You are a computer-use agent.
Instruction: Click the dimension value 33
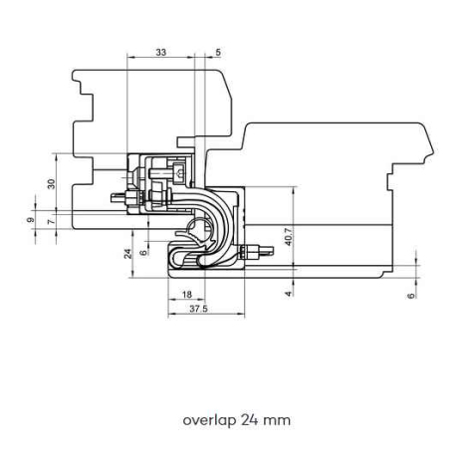(x=161, y=52)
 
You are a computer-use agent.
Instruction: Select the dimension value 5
(x=218, y=52)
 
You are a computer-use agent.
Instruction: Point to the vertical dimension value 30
(x=51, y=184)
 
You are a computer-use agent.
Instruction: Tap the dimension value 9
(x=31, y=220)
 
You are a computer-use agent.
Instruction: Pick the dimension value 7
(x=51, y=221)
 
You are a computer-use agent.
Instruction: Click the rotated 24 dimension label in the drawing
(x=128, y=254)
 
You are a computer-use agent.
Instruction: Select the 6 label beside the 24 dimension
(x=143, y=253)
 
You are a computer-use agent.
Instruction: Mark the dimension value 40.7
(x=288, y=236)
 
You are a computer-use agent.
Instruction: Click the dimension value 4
(x=289, y=294)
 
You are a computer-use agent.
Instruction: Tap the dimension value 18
(x=187, y=295)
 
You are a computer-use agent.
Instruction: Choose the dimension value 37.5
(x=198, y=309)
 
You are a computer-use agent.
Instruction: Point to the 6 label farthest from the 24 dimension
(x=411, y=296)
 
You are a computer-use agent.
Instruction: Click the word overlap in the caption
(x=209, y=420)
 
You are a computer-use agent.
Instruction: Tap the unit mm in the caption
(x=278, y=421)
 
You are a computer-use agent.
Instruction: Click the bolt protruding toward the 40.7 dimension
(x=257, y=251)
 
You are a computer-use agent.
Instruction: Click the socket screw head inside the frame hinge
(x=179, y=173)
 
